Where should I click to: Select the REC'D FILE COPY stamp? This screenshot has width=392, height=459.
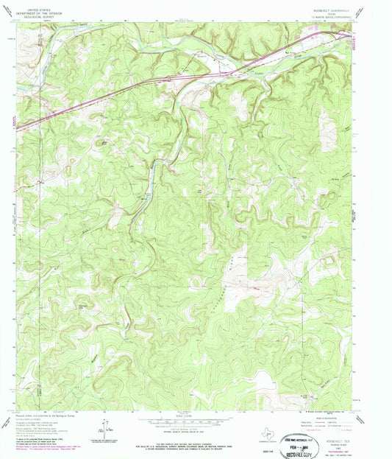pyautogui.click(x=322, y=445)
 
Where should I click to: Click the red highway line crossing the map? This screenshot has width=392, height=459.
pyautogui.click(x=147, y=84)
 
